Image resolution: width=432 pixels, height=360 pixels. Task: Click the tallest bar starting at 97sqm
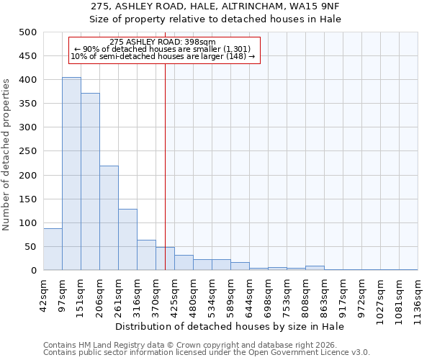click(71, 174)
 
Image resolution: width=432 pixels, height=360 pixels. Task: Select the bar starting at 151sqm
click(90, 181)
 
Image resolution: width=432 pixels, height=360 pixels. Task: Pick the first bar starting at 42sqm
click(53, 249)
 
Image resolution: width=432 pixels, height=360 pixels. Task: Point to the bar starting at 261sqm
click(127, 240)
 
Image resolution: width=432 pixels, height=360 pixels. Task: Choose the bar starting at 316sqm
click(146, 255)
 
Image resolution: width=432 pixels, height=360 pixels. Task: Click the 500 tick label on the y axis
click(27, 32)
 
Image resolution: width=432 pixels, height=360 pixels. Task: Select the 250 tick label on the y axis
click(27, 151)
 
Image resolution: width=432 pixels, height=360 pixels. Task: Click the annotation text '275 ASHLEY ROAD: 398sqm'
click(163, 42)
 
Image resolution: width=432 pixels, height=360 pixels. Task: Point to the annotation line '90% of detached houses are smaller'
click(163, 49)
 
